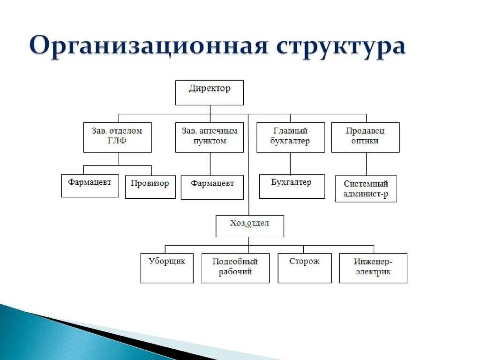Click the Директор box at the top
point(210,92)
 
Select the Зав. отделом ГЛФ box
point(117,137)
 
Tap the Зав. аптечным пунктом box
point(210,137)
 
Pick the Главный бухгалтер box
point(290,137)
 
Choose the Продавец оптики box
point(365,137)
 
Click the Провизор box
point(150,187)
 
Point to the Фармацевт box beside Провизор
point(90,186)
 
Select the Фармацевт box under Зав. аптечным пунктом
point(212,187)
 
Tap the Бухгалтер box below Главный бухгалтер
point(292,186)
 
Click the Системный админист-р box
point(366,188)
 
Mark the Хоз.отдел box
point(249,226)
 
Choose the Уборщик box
point(167,268)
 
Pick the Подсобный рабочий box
point(235,268)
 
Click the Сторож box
point(304,268)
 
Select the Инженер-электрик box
point(373,268)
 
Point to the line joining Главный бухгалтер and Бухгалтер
point(290,163)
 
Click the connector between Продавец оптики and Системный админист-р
point(367,164)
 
